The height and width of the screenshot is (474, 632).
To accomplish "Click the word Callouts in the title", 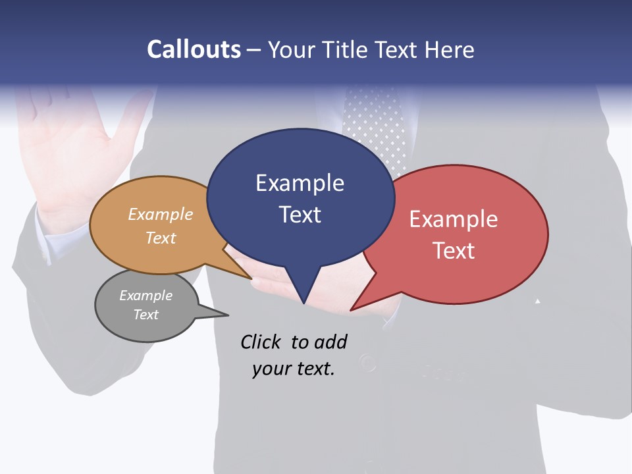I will (194, 49).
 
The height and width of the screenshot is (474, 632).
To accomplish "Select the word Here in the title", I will (449, 49).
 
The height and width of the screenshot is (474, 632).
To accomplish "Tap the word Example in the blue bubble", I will (300, 183).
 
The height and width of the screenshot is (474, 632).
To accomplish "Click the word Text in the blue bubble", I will (300, 214).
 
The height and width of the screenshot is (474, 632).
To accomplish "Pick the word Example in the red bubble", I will (454, 219).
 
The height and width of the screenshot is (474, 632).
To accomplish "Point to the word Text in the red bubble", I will (454, 250).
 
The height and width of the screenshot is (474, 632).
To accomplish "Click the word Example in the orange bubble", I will (161, 214).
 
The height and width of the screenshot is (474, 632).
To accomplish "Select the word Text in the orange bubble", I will (161, 238).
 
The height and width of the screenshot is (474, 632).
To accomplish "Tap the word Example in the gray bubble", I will (146, 296).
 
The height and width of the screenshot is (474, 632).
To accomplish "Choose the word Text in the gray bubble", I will (146, 315).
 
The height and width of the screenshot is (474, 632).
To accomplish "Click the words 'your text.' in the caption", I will (294, 369).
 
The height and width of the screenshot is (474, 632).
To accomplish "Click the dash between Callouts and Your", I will (255, 50).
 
